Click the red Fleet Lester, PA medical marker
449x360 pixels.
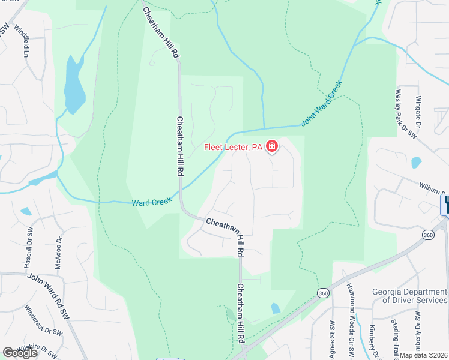[x=272, y=146]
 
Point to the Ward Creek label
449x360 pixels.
[x=148, y=203]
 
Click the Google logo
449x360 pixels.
[x=20, y=352]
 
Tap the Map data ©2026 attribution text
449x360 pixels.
[x=424, y=355]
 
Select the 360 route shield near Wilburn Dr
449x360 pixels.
[x=429, y=234]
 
